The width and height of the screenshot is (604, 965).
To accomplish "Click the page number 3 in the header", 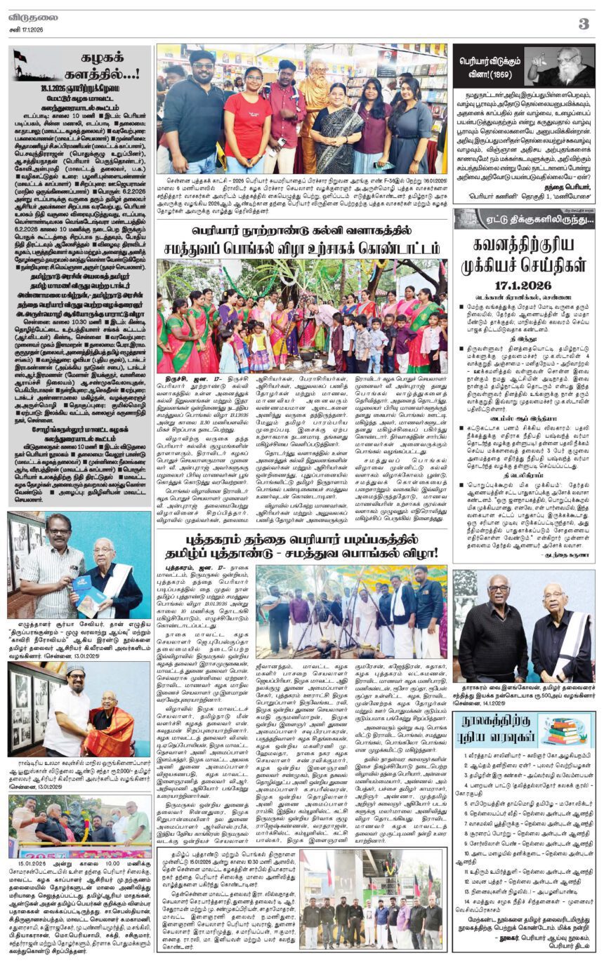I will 584,23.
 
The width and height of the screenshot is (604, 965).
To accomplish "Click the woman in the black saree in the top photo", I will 337,133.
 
